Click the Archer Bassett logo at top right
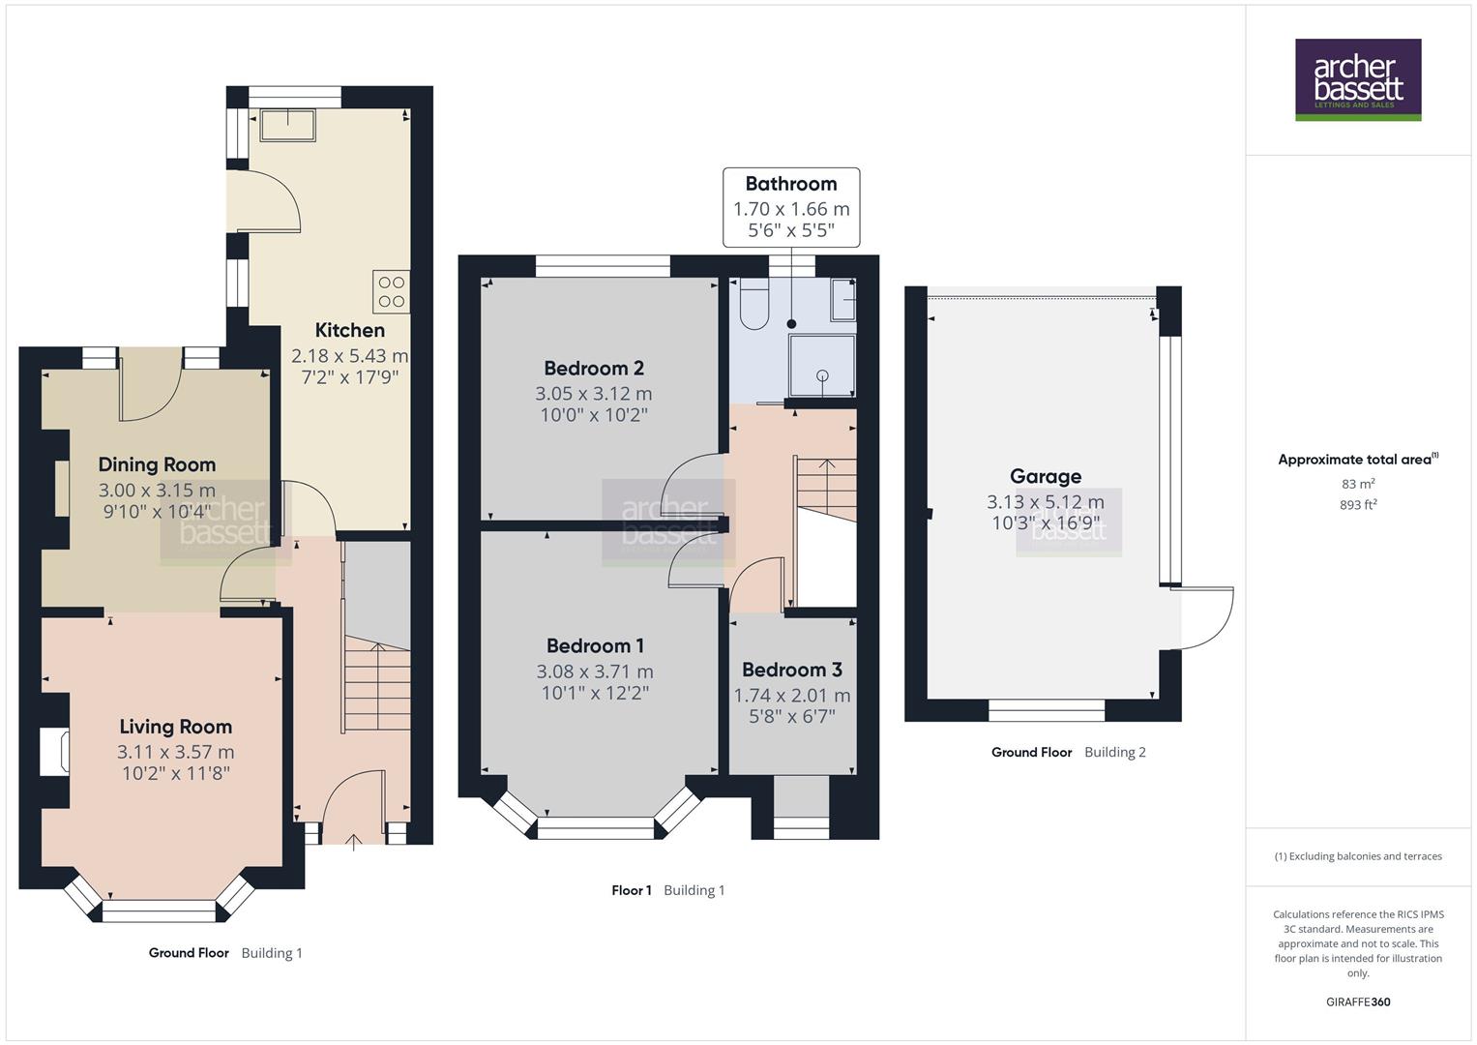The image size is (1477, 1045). (1357, 79)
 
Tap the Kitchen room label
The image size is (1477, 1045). (349, 330)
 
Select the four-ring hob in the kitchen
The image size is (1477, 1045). (391, 291)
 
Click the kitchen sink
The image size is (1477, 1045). (287, 126)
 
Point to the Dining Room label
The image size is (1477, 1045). (157, 464)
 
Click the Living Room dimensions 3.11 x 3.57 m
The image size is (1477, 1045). (175, 752)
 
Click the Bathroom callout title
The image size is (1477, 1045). (790, 184)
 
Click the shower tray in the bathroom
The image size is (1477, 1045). (822, 365)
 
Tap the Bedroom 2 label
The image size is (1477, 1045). (593, 368)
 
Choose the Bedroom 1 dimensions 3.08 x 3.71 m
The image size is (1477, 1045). (594, 672)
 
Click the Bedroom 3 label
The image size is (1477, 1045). (791, 670)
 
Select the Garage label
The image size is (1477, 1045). (1045, 476)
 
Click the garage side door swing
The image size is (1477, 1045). (1205, 619)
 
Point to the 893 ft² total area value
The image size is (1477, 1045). (1357, 505)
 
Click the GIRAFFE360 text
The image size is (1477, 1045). (1357, 1002)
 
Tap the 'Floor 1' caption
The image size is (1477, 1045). (632, 890)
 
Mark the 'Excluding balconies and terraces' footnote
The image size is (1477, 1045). (1357, 856)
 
